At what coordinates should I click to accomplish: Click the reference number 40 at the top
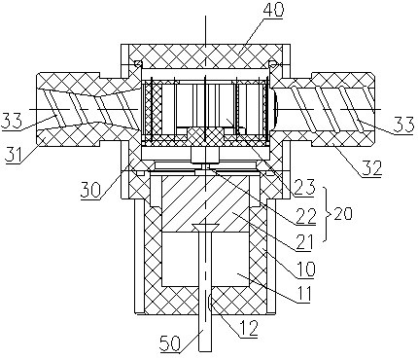coord(273,10)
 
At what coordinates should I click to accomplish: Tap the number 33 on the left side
coord(11,121)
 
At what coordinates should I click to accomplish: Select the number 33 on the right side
coord(403,125)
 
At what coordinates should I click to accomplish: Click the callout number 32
coord(372,167)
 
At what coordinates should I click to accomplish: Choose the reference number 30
coord(91,190)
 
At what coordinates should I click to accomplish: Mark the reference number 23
coord(304,188)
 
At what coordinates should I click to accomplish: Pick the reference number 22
coord(305,216)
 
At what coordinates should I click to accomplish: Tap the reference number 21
coord(304,242)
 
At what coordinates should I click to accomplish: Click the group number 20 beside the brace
coord(342,214)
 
